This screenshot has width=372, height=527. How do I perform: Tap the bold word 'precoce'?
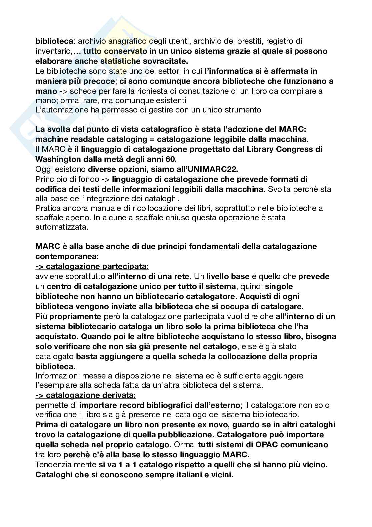pyautogui.click(x=96, y=81)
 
